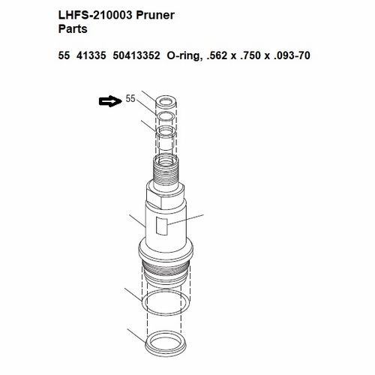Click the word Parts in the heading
[x=73, y=30]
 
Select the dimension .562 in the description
[x=223, y=55]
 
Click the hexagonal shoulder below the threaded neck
[x=167, y=197]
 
